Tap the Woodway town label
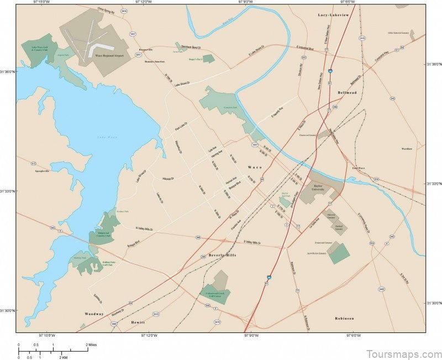94,314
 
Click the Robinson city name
344,319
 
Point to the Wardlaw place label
407,148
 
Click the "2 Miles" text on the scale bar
91,345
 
